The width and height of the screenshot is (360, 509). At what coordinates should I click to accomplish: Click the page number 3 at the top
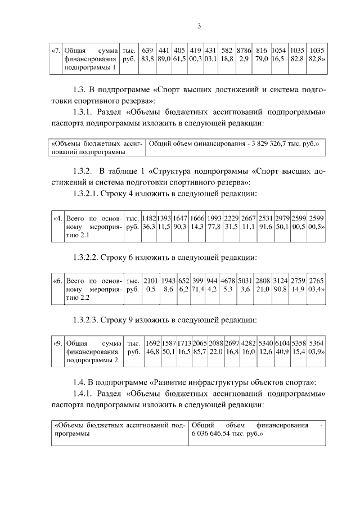coord(199,25)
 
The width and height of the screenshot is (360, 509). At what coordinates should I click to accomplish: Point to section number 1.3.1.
coord(84,111)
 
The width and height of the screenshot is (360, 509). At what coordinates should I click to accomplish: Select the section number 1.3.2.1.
coord(88,193)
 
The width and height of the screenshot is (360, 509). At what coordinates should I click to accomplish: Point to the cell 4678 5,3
coord(228,285)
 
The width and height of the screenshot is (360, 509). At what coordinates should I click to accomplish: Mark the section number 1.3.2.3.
coord(88,320)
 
